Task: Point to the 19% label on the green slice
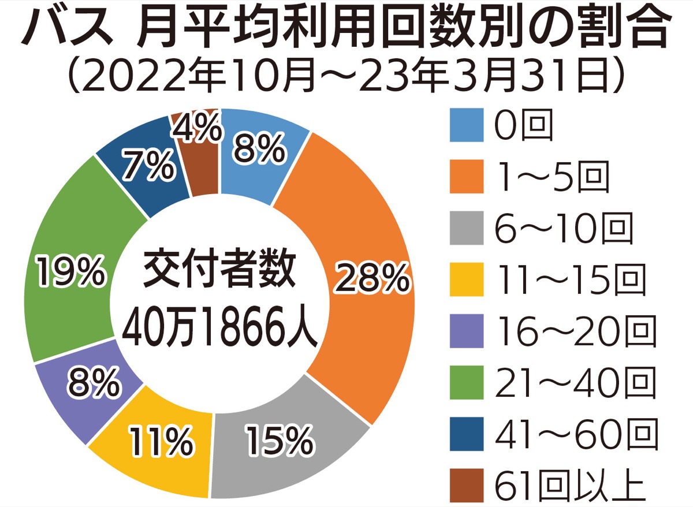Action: click(x=71, y=272)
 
